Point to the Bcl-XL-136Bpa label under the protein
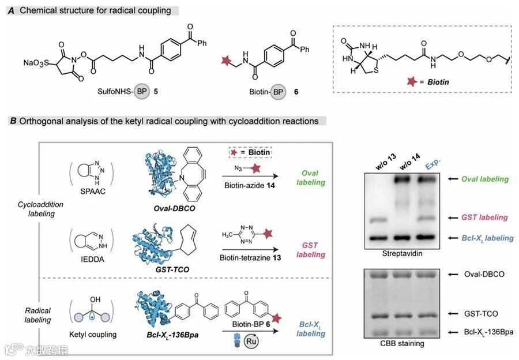[x=167, y=334]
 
